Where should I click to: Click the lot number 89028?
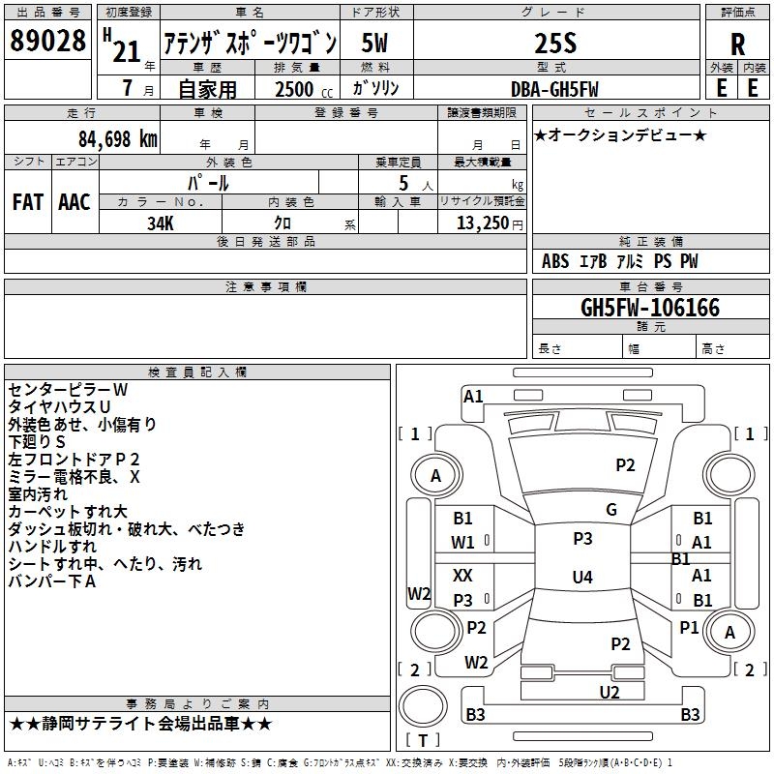[47, 41]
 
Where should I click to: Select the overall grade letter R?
[737, 45]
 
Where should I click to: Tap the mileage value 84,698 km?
[118, 139]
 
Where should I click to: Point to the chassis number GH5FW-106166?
[650, 308]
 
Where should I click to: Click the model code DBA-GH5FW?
[554, 89]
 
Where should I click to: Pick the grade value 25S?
[555, 44]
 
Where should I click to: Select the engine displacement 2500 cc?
[304, 89]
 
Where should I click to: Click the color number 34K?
[161, 223]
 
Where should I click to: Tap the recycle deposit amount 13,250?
[482, 223]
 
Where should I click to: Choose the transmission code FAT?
[28, 202]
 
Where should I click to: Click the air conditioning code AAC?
[74, 202]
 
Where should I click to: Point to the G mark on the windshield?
[611, 510]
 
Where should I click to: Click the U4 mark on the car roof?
[582, 577]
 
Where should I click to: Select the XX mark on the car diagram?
[462, 575]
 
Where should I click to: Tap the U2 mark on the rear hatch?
[610, 693]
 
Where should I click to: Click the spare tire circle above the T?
[423, 705]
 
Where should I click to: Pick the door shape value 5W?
[374, 43]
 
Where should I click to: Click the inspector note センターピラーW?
[68, 390]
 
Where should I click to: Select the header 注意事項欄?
[265, 286]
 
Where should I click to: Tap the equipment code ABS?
[555, 261]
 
